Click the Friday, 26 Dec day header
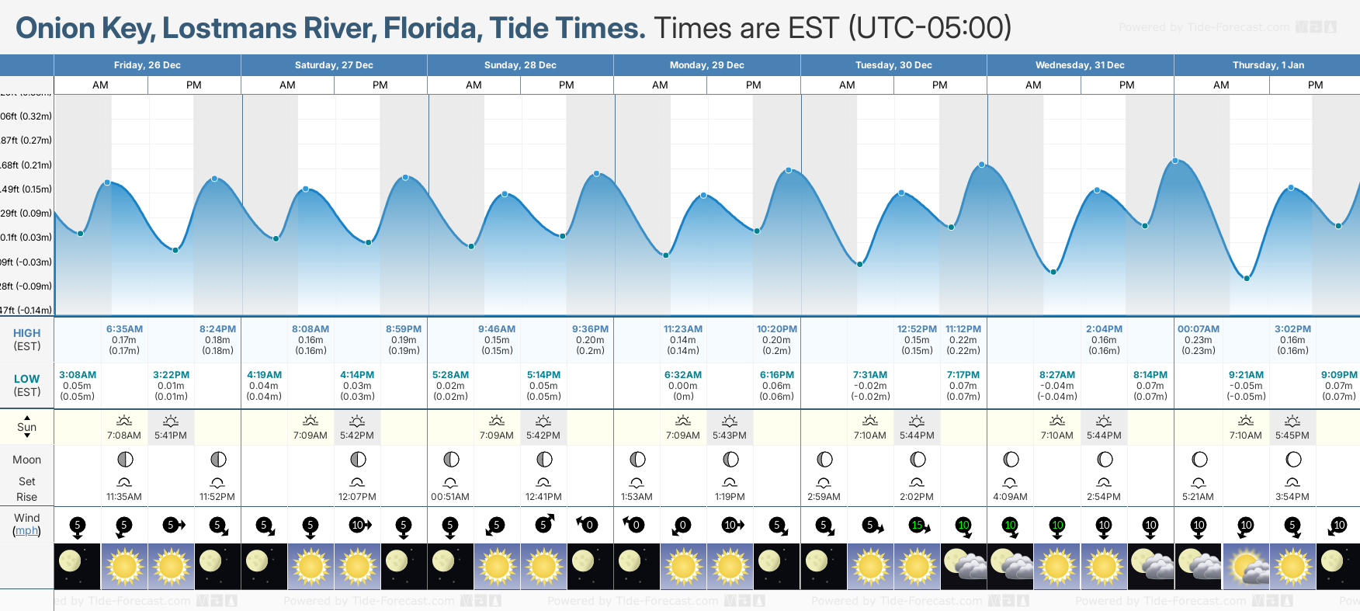pos(147,65)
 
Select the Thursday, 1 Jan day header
pos(1268,65)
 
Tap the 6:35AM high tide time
pos(124,329)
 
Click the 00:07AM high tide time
pos(1199,329)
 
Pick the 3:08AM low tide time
pos(78,375)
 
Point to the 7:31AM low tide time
pos(870,375)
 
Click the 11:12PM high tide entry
pos(963,329)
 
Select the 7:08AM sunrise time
pos(124,436)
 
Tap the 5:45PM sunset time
pos(1292,436)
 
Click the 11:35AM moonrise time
pos(124,497)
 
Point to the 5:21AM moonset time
pos(1199,497)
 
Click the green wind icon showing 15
pos(918,526)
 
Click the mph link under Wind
pos(27,531)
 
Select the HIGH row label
pos(27,333)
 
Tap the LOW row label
pos(27,380)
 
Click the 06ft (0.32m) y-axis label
pos(26,116)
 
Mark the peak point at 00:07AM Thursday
pos(1175,161)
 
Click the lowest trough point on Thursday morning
pos(1247,278)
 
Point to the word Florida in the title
pos(430,29)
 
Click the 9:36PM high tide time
pos(590,329)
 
